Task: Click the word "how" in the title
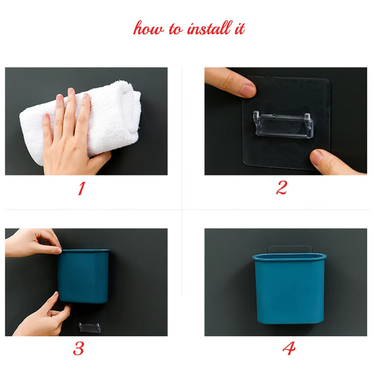click(x=148, y=28)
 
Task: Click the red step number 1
click(x=82, y=188)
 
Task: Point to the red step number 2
click(x=282, y=187)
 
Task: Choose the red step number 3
click(x=79, y=349)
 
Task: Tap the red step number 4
click(x=289, y=348)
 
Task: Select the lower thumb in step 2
click(x=334, y=162)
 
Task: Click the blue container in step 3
click(x=83, y=276)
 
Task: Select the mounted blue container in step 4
click(x=289, y=289)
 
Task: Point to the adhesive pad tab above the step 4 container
click(x=290, y=249)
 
